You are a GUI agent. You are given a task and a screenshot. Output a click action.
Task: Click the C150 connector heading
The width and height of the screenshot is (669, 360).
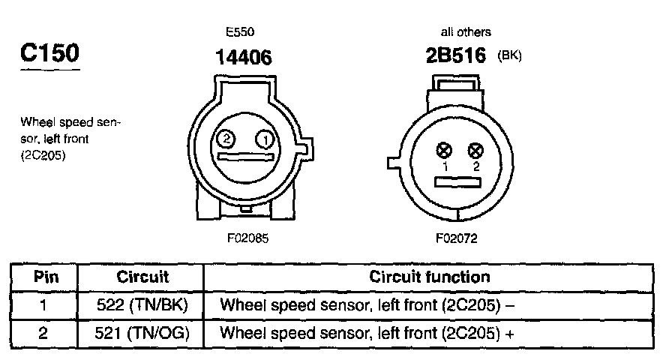49,55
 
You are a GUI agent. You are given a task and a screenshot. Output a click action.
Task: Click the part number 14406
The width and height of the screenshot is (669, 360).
243,56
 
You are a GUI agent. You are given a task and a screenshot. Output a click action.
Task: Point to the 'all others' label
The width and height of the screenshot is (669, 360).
466,32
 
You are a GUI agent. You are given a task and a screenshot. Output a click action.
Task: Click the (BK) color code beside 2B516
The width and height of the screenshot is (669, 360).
509,56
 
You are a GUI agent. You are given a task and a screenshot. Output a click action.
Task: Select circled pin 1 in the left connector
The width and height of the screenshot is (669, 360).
264,139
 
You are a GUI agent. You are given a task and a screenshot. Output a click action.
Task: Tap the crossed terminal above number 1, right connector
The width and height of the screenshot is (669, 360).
444,150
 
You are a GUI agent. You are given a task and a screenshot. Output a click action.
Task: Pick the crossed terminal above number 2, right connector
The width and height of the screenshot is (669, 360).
474,150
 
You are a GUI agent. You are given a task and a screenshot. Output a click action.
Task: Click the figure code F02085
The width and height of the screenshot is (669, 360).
247,238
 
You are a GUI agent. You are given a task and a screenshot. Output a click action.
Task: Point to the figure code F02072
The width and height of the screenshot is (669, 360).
455,238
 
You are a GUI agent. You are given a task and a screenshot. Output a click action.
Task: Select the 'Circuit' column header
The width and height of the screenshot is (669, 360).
142,277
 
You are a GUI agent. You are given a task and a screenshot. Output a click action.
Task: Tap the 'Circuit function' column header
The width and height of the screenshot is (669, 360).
430,277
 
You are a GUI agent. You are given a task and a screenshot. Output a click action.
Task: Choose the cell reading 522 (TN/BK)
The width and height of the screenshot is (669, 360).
142,305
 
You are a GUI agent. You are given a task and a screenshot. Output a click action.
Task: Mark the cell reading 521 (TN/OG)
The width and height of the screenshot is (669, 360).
142,331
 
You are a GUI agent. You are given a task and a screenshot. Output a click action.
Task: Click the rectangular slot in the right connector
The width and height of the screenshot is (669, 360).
457,181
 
